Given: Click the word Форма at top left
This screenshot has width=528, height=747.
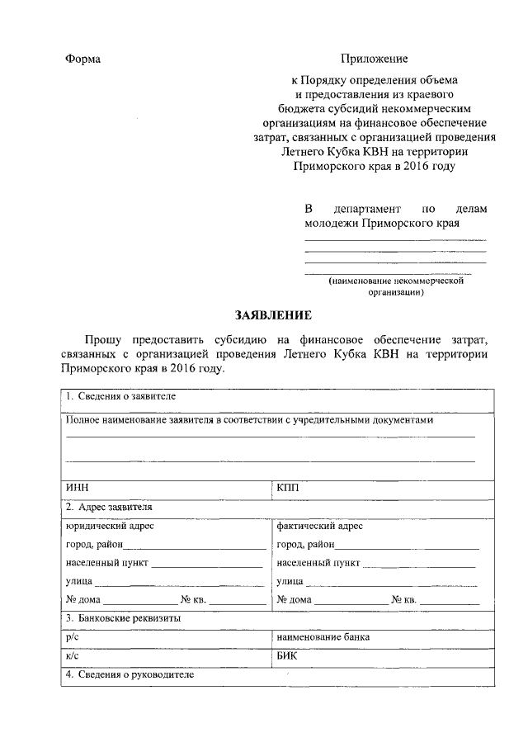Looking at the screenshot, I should click(x=82, y=59).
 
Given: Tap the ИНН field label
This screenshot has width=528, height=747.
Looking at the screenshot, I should click(x=77, y=488).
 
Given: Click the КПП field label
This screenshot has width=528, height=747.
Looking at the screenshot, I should click(x=290, y=488).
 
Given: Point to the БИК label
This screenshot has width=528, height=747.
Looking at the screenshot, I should click(x=289, y=658).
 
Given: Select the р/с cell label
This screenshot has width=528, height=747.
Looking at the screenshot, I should click(x=71, y=637).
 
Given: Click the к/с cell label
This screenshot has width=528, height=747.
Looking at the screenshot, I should click(x=71, y=658).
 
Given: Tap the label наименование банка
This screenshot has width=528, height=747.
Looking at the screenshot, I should click(x=323, y=637).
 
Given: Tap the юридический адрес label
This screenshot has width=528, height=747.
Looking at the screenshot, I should click(x=110, y=526).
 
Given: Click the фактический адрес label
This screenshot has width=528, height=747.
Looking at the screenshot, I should click(x=320, y=526).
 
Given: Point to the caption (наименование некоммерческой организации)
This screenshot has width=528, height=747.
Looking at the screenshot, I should click(x=395, y=286).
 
